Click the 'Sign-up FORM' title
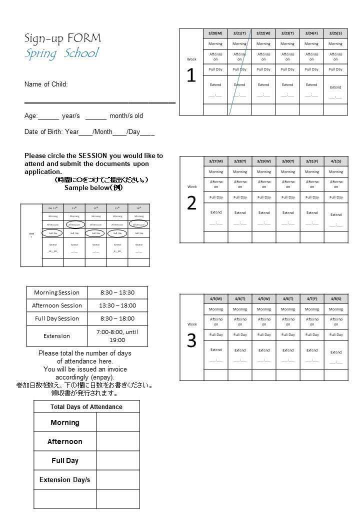tap(62, 38)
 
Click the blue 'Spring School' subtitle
tap(62, 53)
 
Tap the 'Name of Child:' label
tap(46, 84)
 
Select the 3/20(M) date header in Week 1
tap(215, 33)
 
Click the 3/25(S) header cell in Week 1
tap(335, 33)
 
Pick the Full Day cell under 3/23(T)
tap(287, 69)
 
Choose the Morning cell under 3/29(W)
tap(264, 171)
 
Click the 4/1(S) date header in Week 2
tap(336, 161)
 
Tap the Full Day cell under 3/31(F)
tap(312, 197)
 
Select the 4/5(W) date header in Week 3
tap(264, 298)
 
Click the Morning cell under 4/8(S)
tap(336, 309)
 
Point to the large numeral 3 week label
tap(191, 341)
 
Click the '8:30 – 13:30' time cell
tap(117, 292)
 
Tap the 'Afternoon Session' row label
tap(57, 305)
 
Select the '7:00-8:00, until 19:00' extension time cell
tap(117, 335)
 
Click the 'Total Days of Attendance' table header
tap(86, 406)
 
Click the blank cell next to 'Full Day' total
tap(117, 460)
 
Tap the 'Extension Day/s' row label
tap(65, 479)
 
